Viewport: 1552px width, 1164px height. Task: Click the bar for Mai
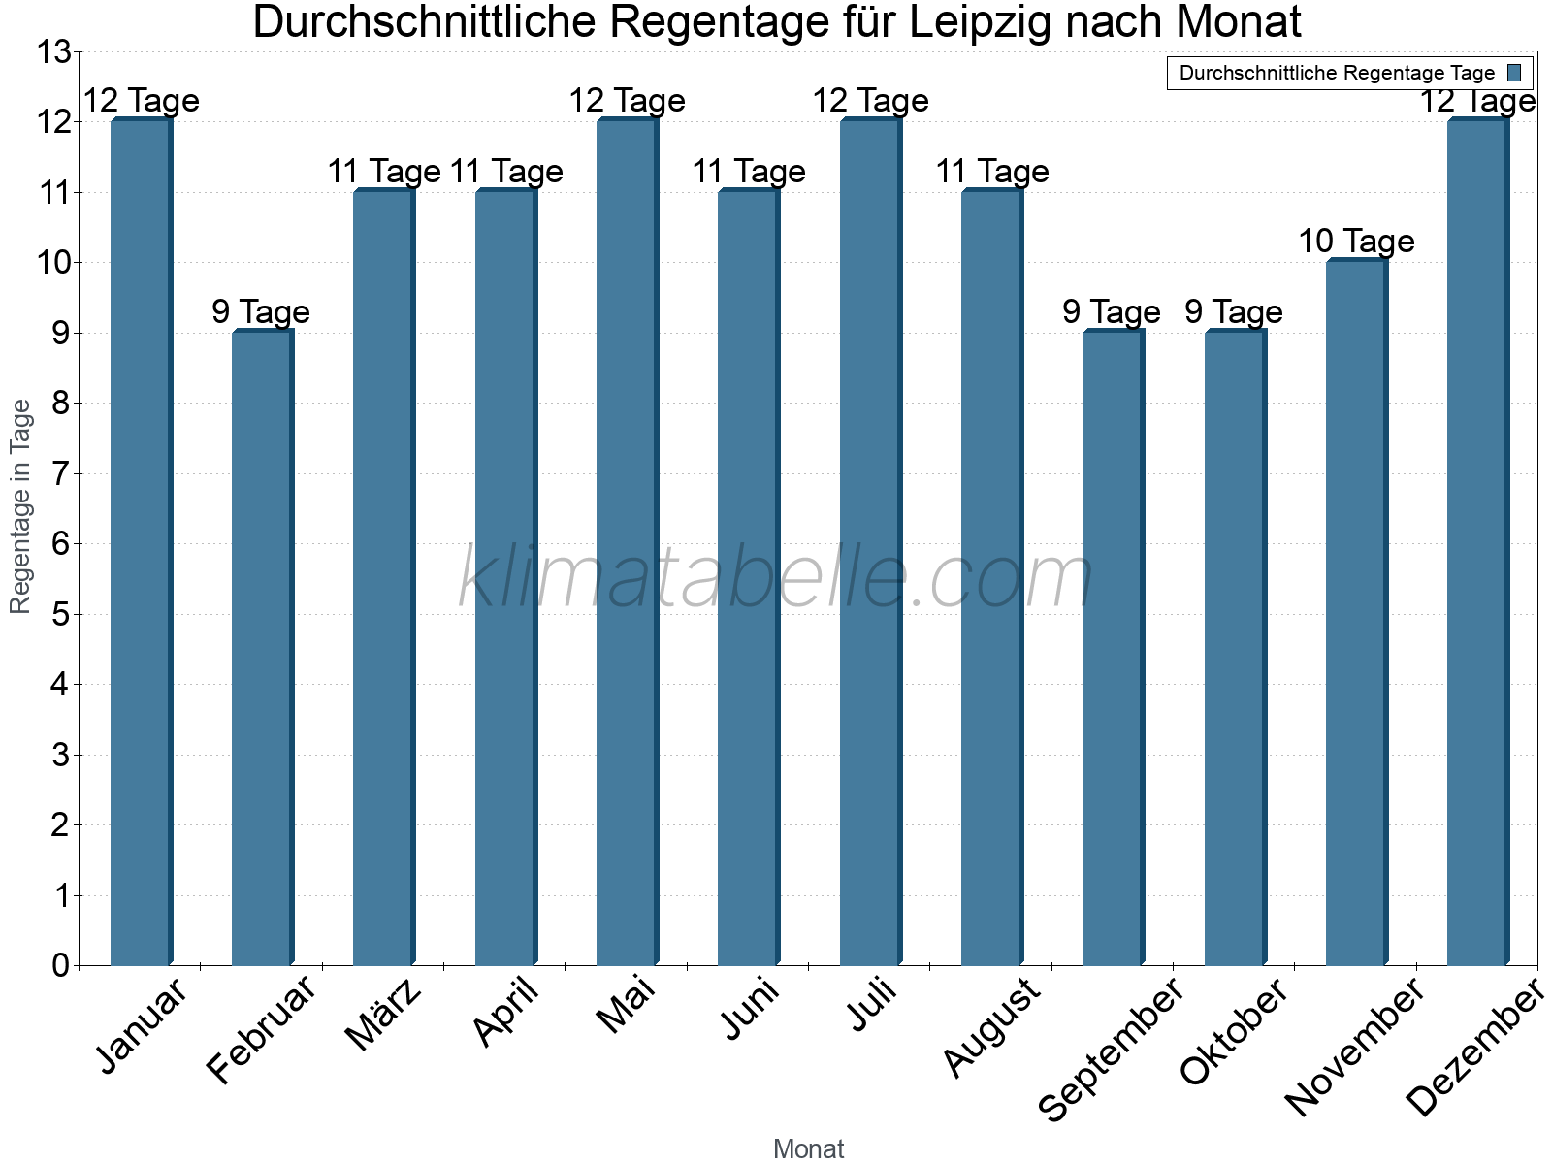click(x=627, y=543)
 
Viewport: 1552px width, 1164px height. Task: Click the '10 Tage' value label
click(x=1356, y=241)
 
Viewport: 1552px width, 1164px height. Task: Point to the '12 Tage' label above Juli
click(x=870, y=100)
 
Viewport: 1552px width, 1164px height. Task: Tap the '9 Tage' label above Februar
click(x=261, y=311)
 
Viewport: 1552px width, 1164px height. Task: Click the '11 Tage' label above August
click(x=991, y=171)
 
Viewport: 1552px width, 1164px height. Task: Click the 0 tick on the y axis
click(x=60, y=965)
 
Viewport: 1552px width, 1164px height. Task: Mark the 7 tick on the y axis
click(x=60, y=473)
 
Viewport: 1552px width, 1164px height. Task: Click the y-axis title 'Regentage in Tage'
click(x=20, y=506)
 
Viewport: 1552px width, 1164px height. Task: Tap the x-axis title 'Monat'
click(x=808, y=1148)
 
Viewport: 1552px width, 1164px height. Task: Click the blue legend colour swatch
click(x=1514, y=73)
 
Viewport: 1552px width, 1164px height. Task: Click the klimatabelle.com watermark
click(x=776, y=578)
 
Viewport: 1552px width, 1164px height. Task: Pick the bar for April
click(x=505, y=578)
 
